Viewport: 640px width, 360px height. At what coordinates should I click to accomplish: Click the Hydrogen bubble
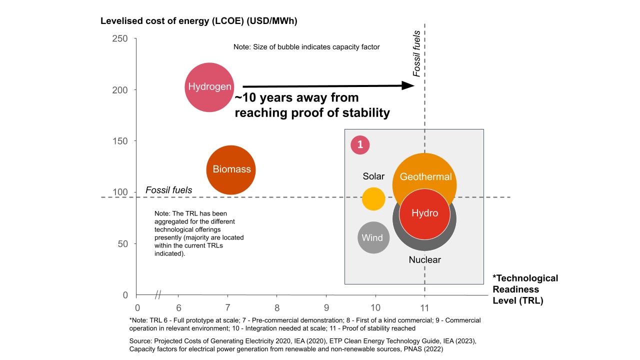(209, 87)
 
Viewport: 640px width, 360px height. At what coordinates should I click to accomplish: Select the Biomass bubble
(231, 169)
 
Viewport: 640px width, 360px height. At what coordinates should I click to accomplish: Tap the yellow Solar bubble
(373, 198)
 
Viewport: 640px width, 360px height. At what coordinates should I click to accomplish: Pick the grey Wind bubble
(373, 238)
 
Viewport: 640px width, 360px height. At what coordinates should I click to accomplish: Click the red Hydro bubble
(424, 213)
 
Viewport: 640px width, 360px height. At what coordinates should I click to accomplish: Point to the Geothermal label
(425, 176)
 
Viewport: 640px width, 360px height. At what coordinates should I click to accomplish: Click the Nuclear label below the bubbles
(424, 260)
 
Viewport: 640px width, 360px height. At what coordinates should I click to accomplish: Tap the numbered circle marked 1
(360, 145)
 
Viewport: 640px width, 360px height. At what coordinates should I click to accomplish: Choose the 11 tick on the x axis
(424, 308)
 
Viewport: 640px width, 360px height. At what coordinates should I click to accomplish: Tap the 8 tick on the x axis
(276, 308)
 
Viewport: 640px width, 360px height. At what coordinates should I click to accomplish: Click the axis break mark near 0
(157, 294)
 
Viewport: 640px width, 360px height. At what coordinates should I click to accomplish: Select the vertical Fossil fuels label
(416, 58)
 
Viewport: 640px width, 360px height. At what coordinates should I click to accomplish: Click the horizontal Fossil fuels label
(168, 190)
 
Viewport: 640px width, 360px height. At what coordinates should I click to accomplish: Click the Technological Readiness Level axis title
(525, 289)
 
